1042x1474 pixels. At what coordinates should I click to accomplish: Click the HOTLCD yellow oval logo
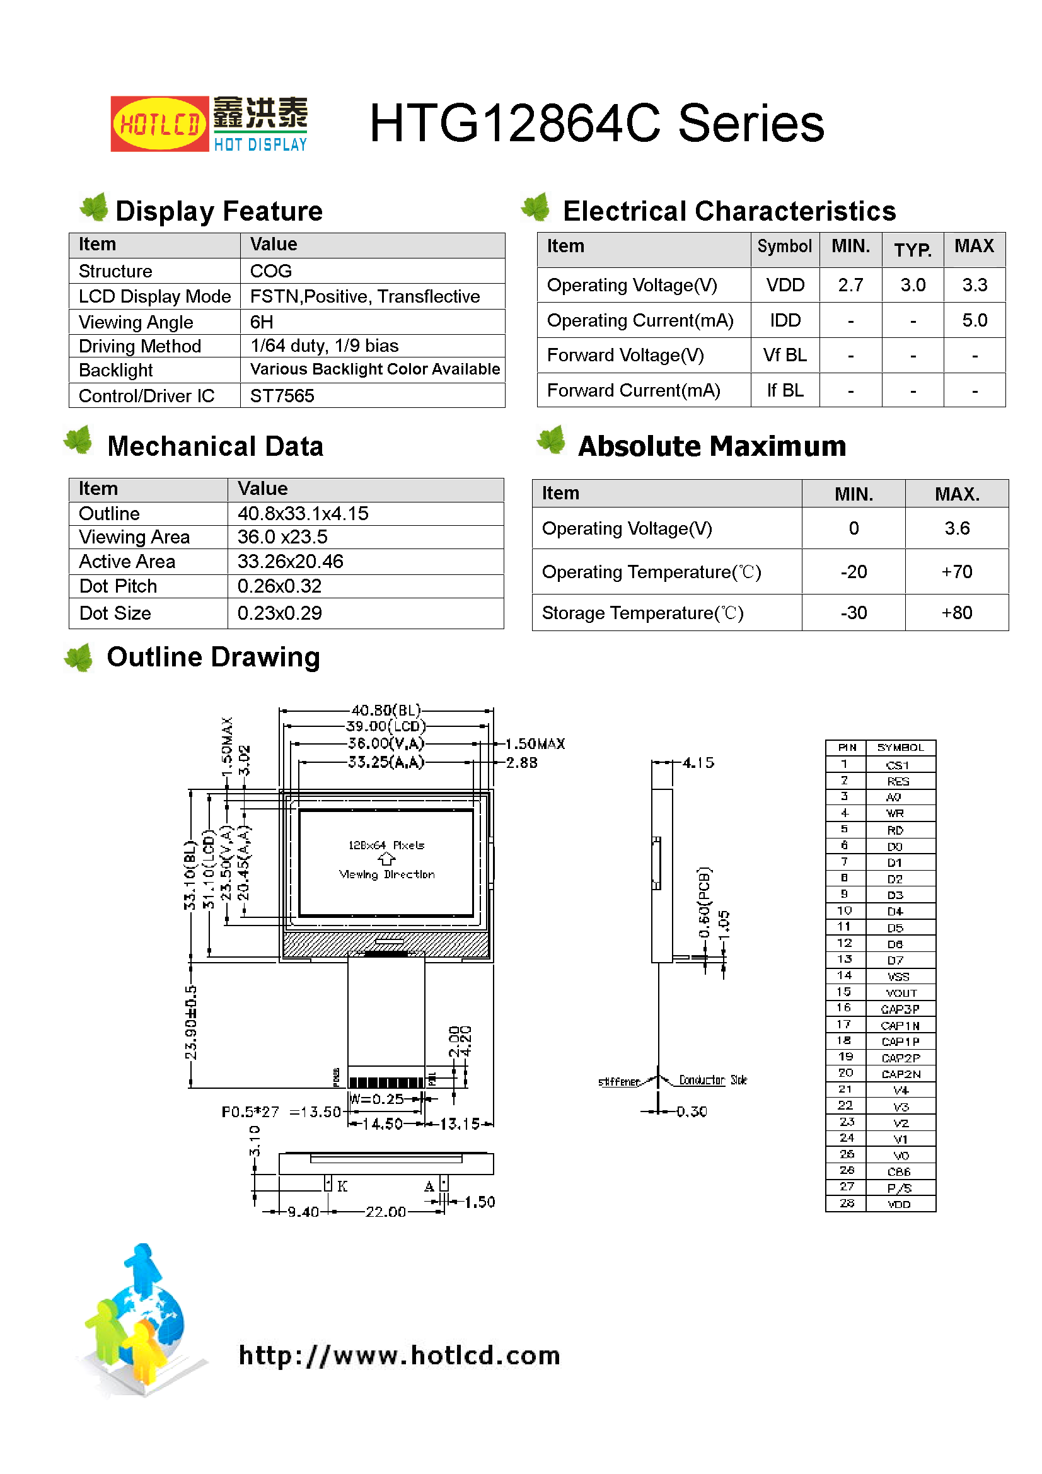point(159,124)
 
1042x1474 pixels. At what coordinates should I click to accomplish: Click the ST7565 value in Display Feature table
point(282,395)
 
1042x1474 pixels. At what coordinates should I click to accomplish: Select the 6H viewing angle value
point(262,322)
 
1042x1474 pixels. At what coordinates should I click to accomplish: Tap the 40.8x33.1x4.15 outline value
point(303,514)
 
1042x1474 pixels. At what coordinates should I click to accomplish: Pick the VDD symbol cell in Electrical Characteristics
point(785,285)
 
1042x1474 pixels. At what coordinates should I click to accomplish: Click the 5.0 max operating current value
point(974,320)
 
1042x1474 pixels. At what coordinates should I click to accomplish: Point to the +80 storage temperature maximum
point(956,612)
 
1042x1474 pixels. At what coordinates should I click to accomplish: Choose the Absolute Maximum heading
point(711,446)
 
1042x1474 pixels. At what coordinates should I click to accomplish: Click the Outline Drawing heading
point(213,657)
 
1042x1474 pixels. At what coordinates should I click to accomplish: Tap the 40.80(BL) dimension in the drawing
point(386,710)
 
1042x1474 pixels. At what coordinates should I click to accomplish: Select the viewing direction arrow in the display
point(386,859)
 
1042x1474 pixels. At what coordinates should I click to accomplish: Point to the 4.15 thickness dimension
point(698,763)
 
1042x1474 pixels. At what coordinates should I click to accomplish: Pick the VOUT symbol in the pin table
point(901,992)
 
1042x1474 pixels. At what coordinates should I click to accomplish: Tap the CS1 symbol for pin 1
point(897,765)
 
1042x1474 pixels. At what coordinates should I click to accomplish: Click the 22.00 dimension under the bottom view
point(385,1212)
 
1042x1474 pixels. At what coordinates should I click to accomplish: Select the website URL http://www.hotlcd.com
point(399,1355)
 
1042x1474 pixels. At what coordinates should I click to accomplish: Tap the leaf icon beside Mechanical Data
point(79,441)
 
